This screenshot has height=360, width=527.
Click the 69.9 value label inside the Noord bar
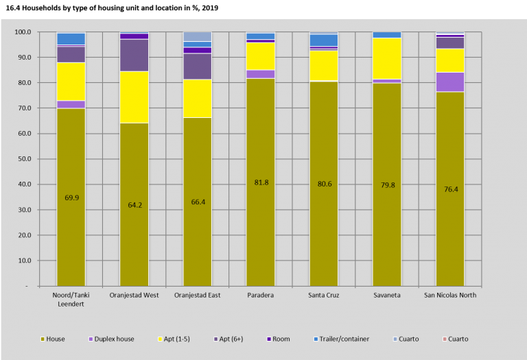pos(71,197)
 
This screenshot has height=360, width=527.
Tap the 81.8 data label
pos(260,182)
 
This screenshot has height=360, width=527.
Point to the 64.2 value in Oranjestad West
pos(134,204)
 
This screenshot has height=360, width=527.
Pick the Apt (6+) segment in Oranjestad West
pos(134,55)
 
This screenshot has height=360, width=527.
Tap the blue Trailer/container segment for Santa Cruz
pos(324,40)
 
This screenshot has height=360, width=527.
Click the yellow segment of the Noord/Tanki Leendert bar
pos(71,82)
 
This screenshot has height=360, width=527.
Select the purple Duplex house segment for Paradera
pos(260,74)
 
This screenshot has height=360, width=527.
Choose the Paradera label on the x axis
pos(260,296)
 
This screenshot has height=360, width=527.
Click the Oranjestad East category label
pos(197,296)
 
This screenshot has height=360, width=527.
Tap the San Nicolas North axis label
pos(450,296)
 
